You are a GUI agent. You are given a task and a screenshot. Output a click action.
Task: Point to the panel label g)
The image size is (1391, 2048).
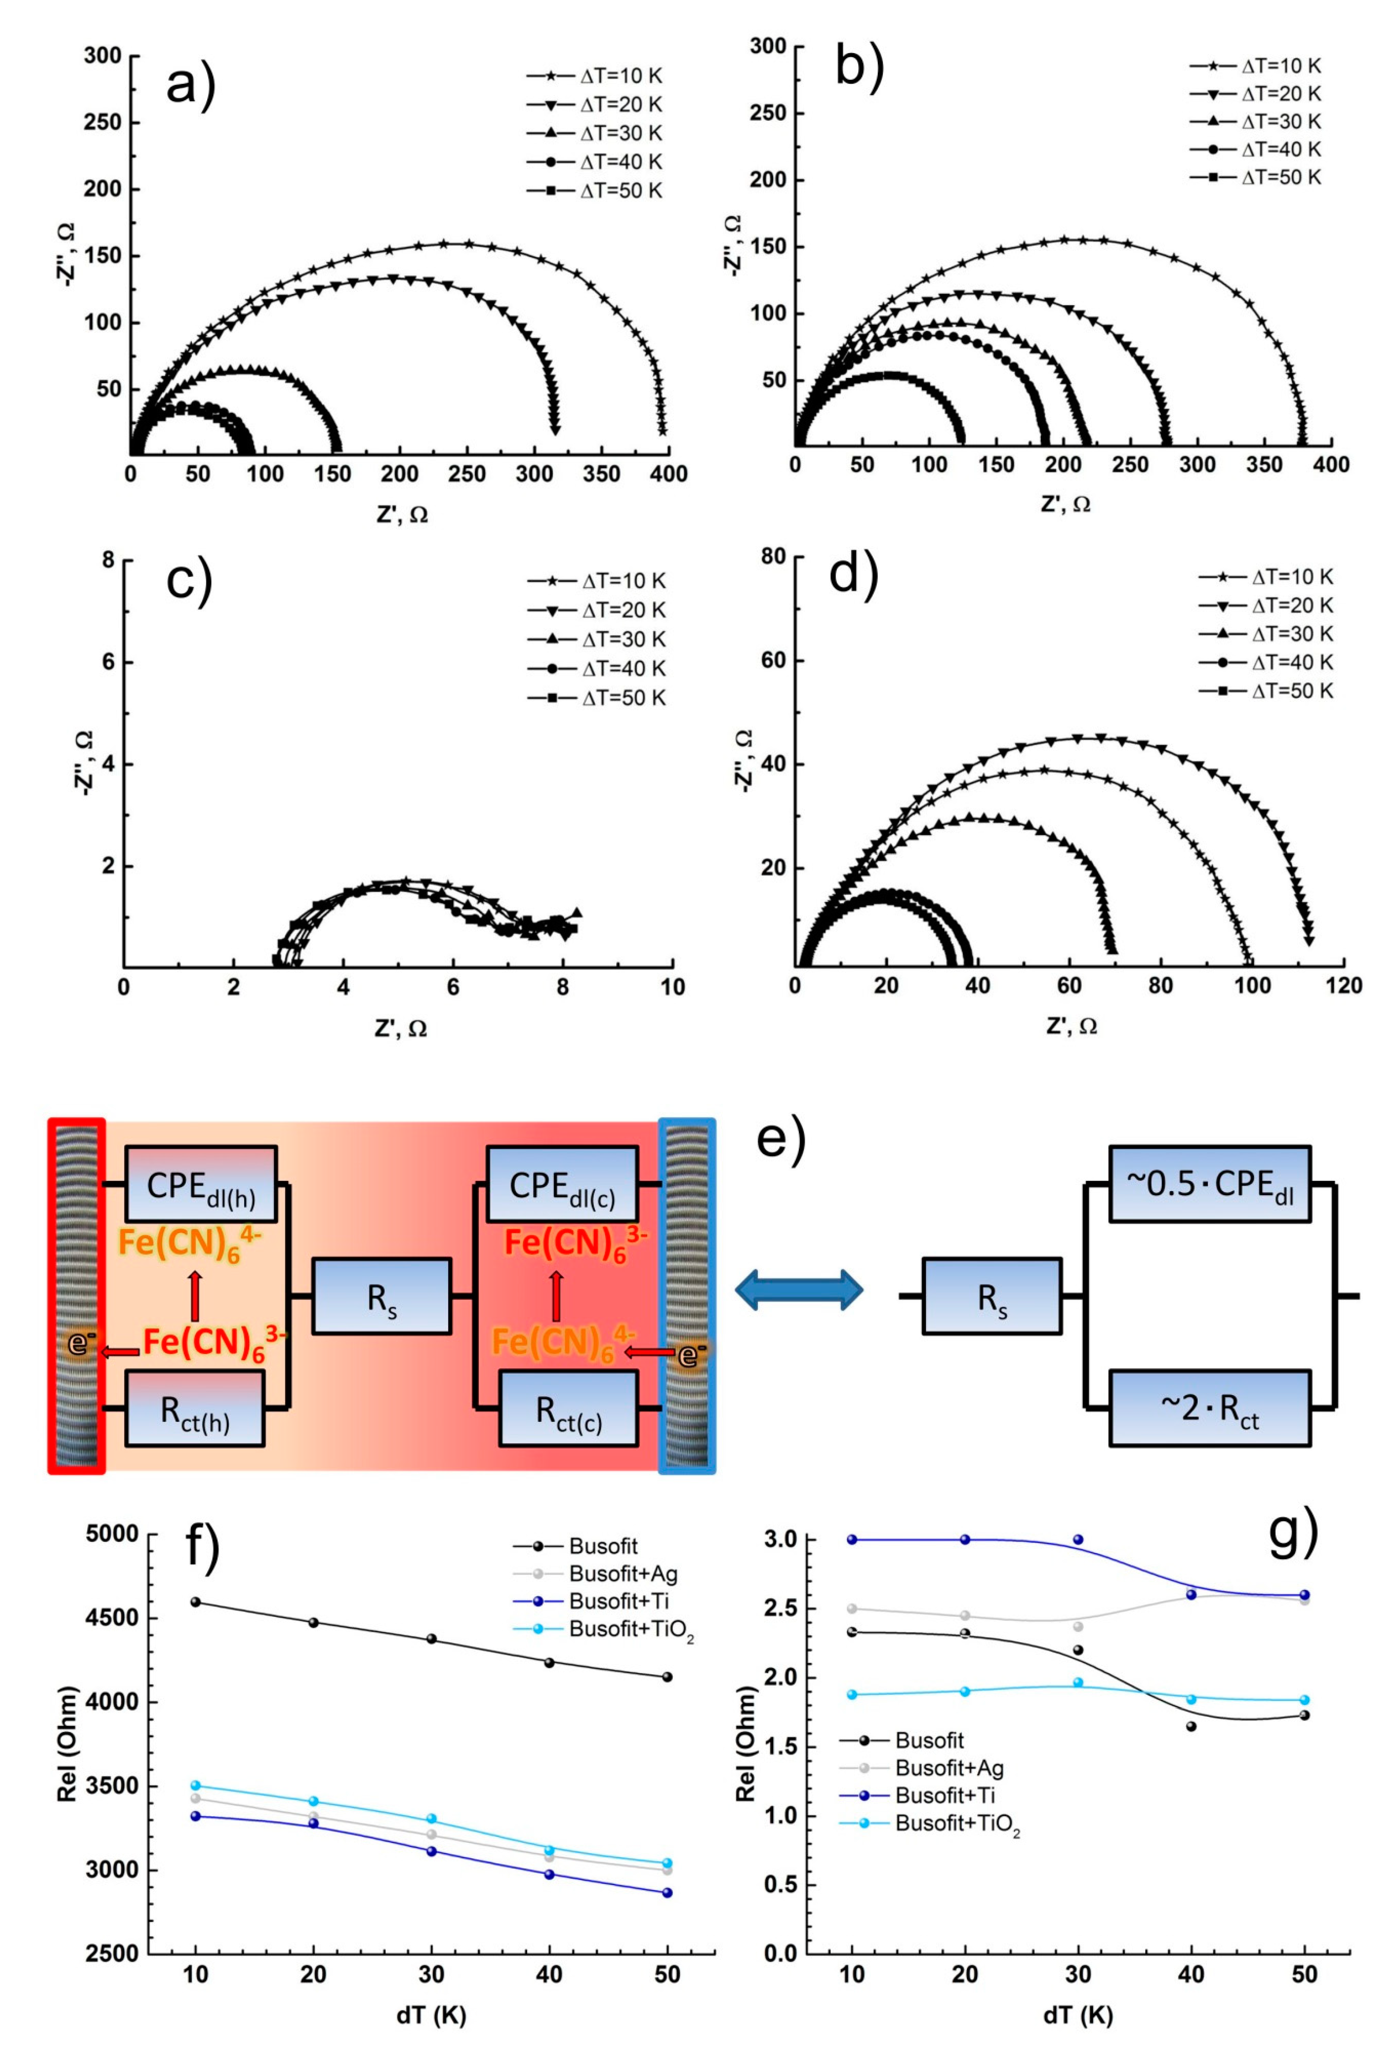(x=1292, y=1532)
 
